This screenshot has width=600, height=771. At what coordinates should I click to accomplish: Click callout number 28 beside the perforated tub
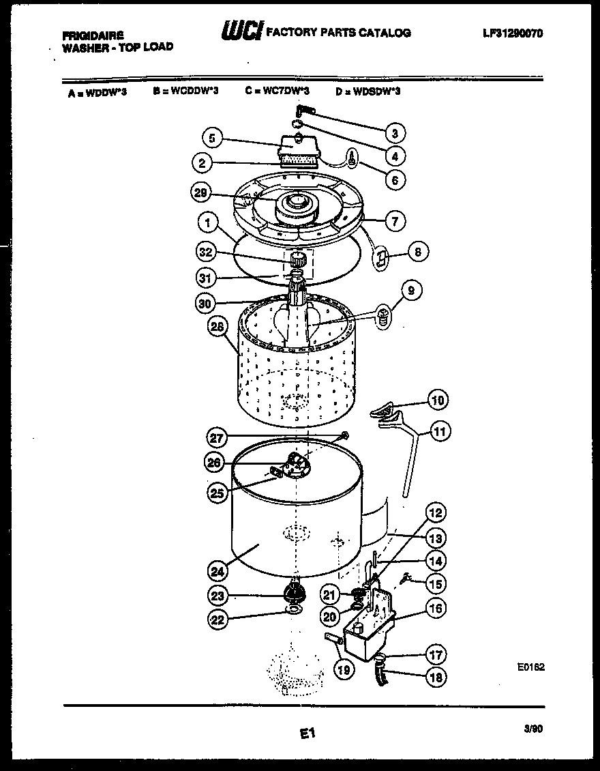tap(217, 326)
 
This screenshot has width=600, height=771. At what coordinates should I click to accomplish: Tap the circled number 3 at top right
tap(395, 133)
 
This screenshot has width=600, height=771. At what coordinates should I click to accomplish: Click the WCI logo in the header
tap(241, 31)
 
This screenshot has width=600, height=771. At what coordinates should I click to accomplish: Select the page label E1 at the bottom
tap(306, 734)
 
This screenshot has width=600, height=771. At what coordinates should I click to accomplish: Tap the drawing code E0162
tap(531, 669)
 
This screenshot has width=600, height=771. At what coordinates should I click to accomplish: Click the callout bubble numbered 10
tap(438, 399)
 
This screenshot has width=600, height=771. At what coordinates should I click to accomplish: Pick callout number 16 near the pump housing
tap(436, 608)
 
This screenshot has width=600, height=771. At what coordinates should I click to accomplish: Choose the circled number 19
tap(344, 670)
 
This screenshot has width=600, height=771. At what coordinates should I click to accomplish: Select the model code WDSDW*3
tap(367, 91)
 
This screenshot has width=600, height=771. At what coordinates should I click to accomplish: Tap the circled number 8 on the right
tap(418, 252)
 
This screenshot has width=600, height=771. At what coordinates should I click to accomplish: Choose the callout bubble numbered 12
tap(436, 512)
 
